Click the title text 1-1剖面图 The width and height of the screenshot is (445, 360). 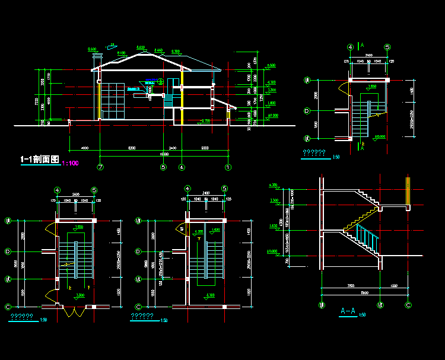40,160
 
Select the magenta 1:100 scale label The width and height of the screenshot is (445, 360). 70,163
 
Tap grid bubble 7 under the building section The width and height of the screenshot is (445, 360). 100,167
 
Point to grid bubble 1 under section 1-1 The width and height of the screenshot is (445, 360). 228,167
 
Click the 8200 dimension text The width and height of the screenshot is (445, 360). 131,146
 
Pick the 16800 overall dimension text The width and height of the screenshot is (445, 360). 164,154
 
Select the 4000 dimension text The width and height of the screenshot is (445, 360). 84,146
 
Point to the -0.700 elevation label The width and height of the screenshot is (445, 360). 205,121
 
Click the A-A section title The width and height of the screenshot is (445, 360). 348,311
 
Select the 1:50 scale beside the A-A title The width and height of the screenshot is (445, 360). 362,313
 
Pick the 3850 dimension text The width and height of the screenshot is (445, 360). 351,286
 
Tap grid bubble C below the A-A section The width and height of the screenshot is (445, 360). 408,305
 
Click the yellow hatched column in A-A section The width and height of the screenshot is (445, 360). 407,190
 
